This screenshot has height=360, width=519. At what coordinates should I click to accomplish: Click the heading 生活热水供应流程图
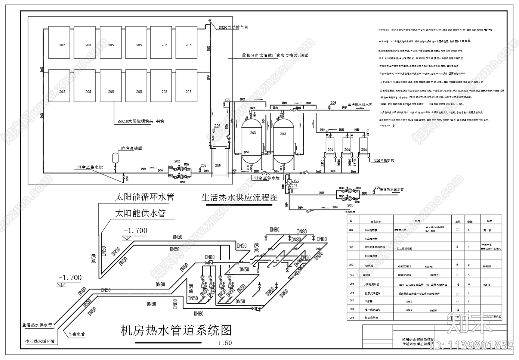(240, 198)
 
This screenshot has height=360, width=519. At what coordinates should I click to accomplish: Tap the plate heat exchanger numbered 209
(218, 165)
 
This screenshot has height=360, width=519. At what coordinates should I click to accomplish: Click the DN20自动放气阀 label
(233, 27)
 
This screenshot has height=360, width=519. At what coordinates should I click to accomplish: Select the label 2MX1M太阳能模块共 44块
(141, 121)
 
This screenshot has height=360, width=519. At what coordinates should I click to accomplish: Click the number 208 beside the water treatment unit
(297, 180)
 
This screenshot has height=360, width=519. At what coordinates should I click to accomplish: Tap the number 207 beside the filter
(294, 186)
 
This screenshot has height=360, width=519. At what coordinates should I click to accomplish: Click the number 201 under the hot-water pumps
(350, 205)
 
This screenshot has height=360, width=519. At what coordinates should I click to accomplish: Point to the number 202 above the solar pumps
(177, 161)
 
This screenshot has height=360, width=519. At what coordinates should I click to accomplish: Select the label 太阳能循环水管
(144, 196)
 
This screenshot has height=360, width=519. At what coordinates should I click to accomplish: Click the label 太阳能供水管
(140, 213)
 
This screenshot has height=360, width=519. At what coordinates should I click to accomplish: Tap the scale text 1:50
(225, 343)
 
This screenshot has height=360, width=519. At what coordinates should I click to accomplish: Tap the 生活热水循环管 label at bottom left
(40, 341)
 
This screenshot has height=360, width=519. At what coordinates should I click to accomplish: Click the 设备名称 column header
(376, 221)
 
